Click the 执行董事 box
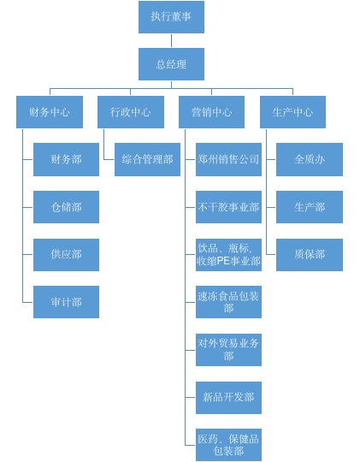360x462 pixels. (x=171, y=17)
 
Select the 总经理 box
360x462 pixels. (x=171, y=64)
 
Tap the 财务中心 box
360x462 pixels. (x=50, y=112)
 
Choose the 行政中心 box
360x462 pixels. (x=131, y=112)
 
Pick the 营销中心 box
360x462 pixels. (x=211, y=112)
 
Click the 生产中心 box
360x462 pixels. (x=292, y=112)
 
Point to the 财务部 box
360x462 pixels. (x=67, y=159)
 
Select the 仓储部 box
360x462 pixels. (x=67, y=207)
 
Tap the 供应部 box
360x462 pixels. (x=67, y=255)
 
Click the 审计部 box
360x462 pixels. (x=67, y=302)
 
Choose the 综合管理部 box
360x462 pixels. (x=147, y=159)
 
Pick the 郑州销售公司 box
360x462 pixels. (x=228, y=159)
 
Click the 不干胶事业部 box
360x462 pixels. (x=228, y=207)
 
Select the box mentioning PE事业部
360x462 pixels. (x=228, y=255)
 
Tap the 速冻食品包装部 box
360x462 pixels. (x=228, y=302)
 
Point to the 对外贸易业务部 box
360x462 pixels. (x=228, y=350)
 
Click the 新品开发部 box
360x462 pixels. (x=228, y=398)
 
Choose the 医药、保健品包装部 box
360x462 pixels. (x=228, y=445)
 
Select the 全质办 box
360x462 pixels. (x=310, y=159)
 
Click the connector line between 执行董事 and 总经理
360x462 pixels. (x=171, y=41)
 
